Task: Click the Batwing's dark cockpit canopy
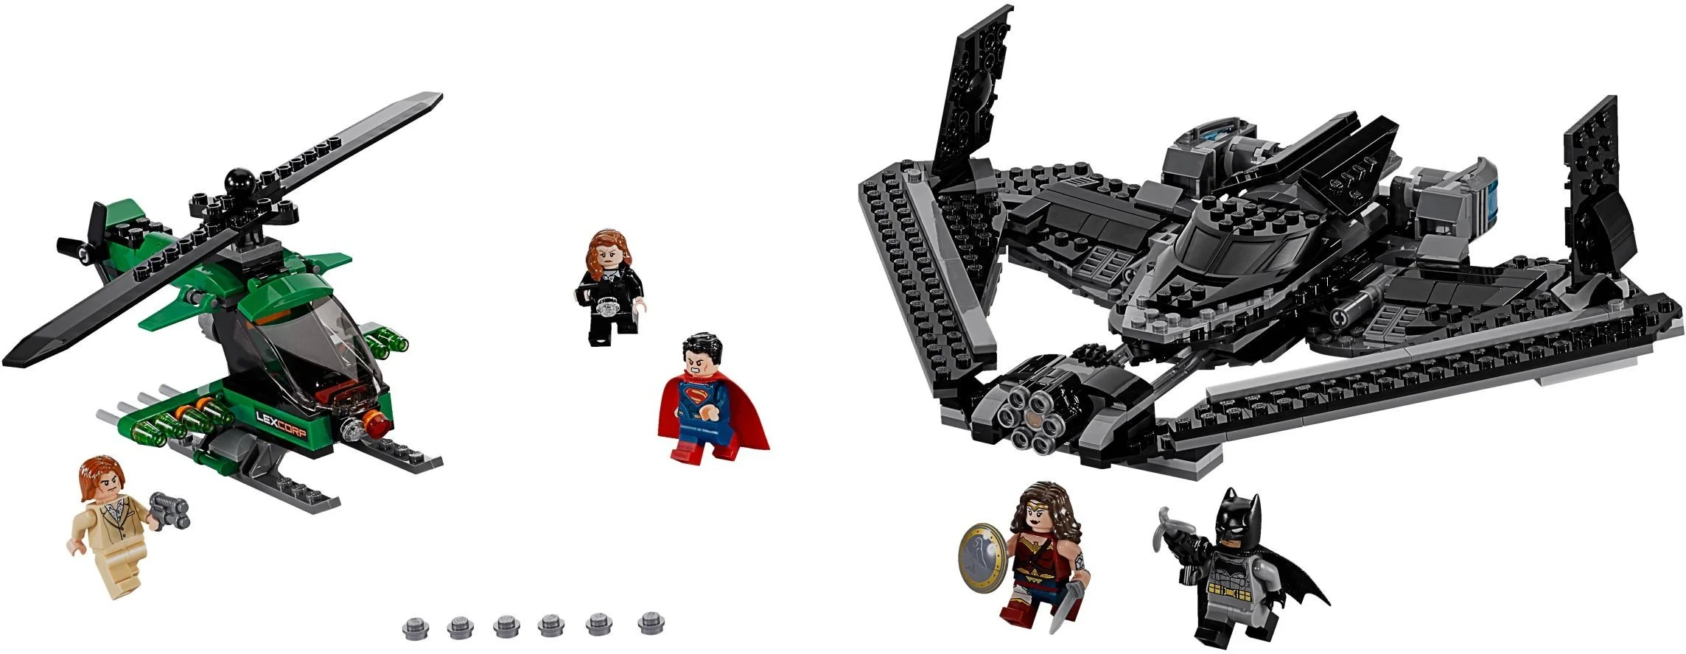[x=1216, y=250]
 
